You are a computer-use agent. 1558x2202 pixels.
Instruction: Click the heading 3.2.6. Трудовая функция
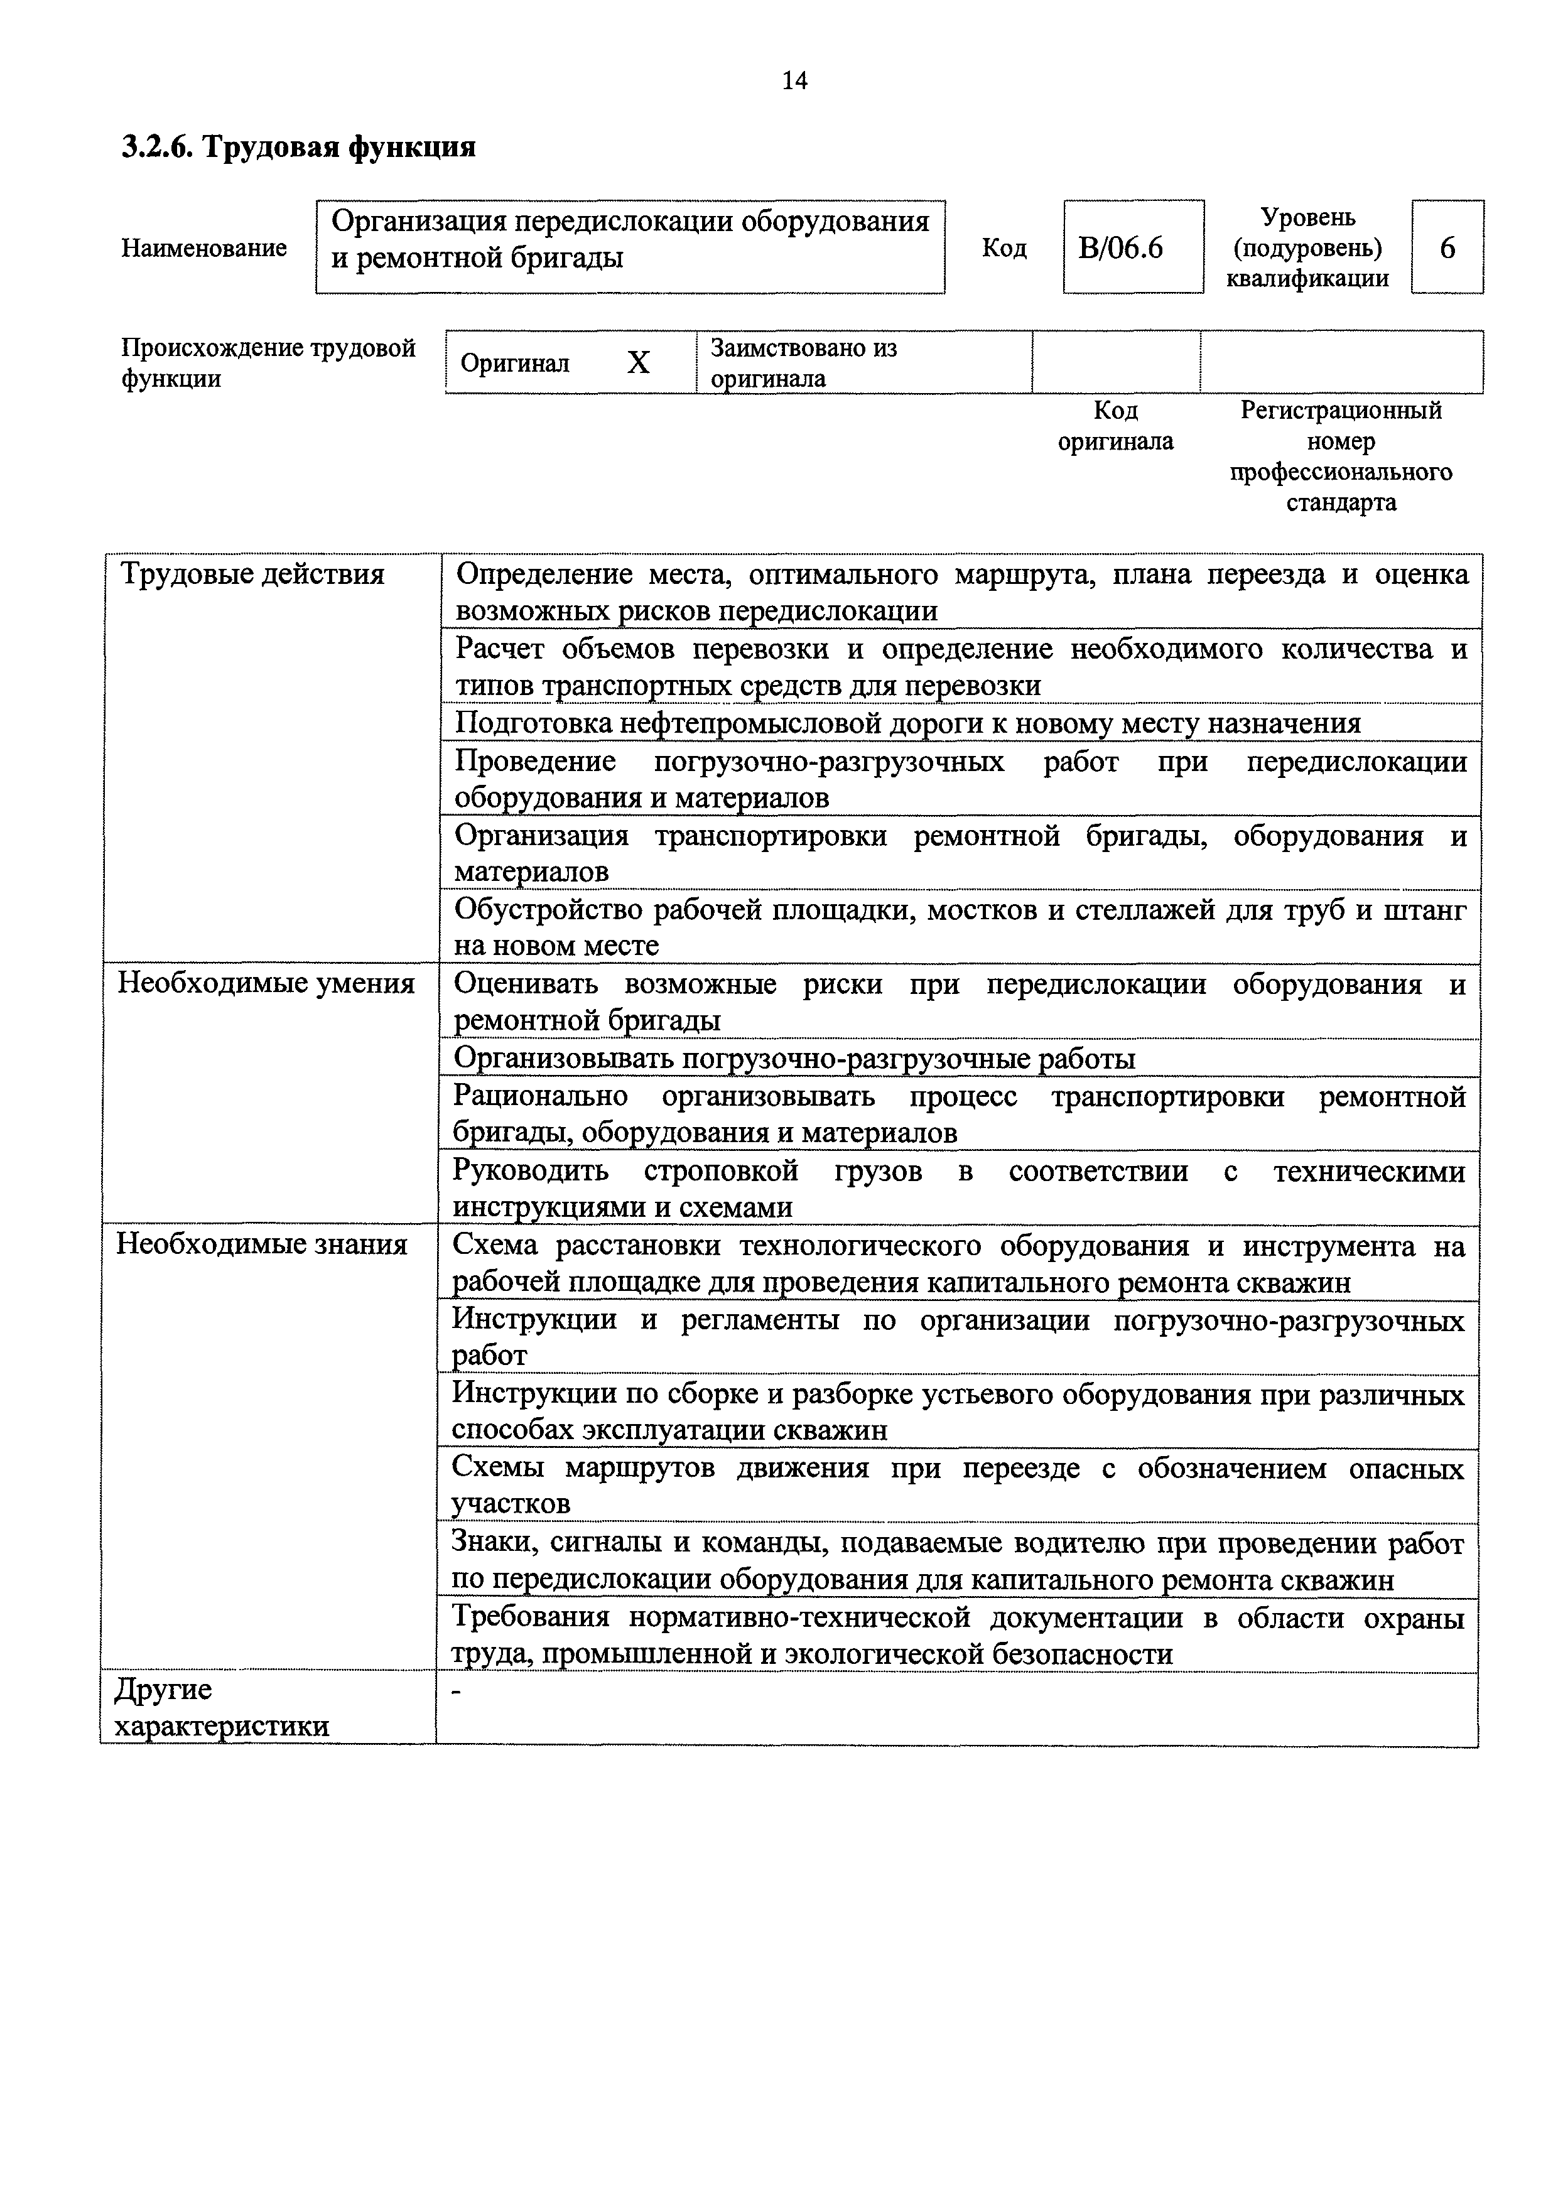coord(298,147)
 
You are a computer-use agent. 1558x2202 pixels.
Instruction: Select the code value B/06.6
coord(1120,249)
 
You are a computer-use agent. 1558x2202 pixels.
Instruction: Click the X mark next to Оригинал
coord(638,362)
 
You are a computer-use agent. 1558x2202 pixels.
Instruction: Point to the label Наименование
coord(203,249)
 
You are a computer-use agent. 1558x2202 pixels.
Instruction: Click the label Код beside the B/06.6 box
coord(1004,249)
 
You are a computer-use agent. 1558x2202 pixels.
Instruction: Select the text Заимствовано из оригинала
coord(803,362)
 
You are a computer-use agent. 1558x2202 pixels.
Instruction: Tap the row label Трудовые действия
coord(252,575)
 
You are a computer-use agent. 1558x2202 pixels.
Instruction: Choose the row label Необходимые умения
coord(266,983)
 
